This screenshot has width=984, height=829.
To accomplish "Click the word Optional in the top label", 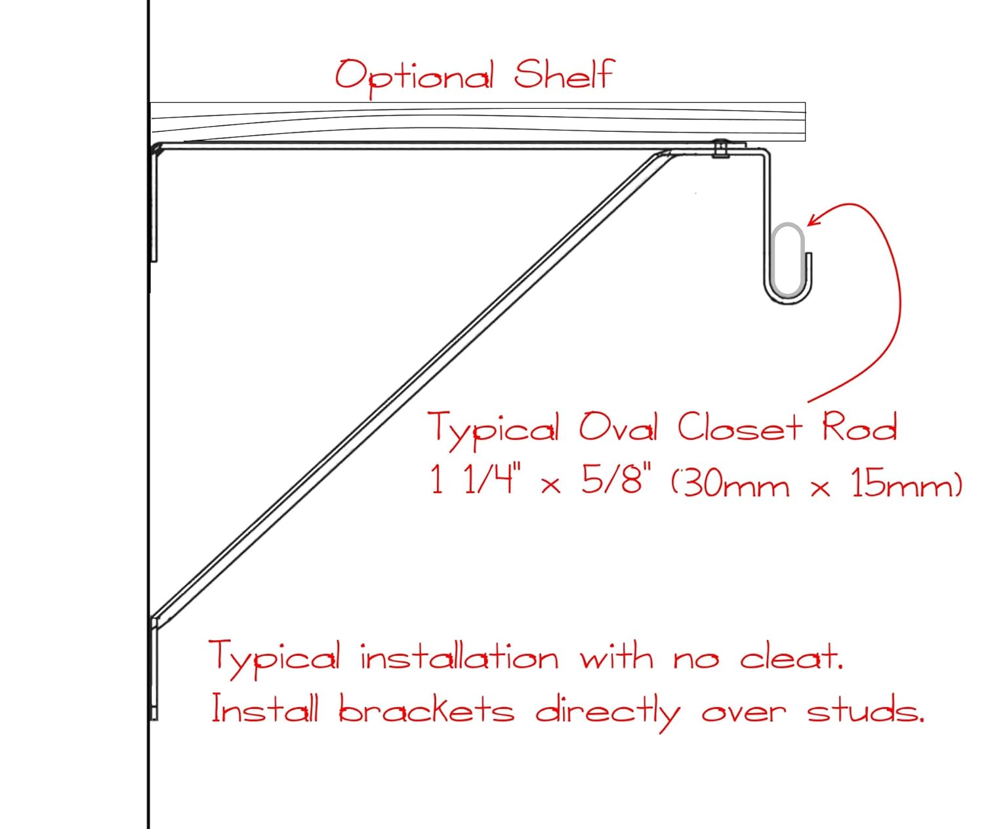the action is coord(414,75).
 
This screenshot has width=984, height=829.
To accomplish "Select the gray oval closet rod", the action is coord(788,259).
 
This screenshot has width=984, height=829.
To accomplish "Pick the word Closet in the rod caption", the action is coord(739,428).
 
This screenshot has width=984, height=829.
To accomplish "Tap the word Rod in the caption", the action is coord(859,428).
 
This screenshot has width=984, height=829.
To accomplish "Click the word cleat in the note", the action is coord(790,657).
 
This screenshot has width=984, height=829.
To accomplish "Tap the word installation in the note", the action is coord(459,657).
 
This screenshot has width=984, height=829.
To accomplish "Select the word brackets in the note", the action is coord(426,711).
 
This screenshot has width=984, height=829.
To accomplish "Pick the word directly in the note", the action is coord(607,712).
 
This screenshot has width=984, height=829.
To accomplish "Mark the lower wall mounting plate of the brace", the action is coord(155,669).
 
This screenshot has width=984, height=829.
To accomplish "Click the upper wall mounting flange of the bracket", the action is coord(155,203).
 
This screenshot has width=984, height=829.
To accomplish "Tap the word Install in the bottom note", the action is coord(264,710).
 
